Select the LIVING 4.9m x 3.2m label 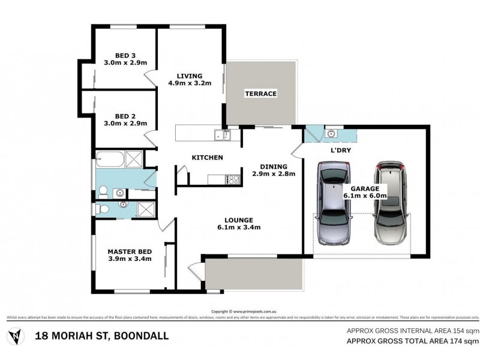189,79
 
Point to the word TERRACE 260,94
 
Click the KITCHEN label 207,158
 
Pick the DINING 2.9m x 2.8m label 273,170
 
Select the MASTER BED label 129,255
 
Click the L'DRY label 340,151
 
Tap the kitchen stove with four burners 232,179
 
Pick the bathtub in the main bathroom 109,161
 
